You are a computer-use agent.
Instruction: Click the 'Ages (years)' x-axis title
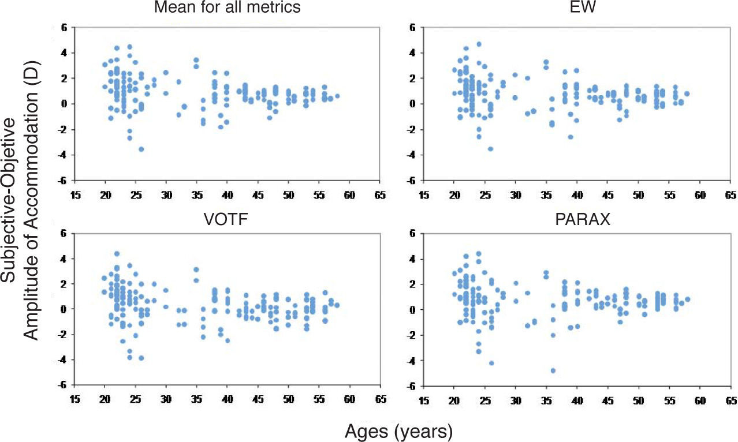coord(398,430)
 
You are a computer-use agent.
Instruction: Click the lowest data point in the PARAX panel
coord(553,370)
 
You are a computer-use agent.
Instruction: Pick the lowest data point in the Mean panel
coord(141,149)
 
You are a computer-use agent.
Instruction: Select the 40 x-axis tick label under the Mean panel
coord(227,194)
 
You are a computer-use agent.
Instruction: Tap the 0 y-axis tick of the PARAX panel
coord(413,310)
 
